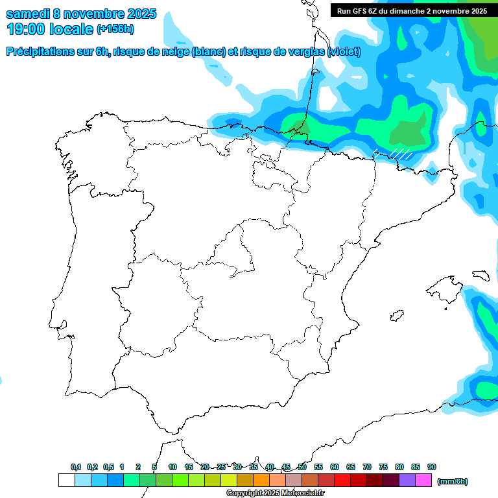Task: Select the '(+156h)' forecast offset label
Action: (x=115, y=29)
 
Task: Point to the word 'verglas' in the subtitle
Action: (x=303, y=52)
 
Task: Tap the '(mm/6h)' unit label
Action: (x=452, y=481)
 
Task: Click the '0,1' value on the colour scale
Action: (x=76, y=467)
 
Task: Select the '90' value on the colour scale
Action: (x=432, y=467)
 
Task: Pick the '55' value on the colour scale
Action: (x=318, y=467)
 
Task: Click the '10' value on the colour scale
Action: (x=172, y=467)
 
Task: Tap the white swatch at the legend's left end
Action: (x=66, y=480)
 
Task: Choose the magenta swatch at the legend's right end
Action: (x=423, y=480)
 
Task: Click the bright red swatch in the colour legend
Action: (x=342, y=480)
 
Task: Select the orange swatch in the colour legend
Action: (x=261, y=480)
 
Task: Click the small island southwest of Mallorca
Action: (x=394, y=316)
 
